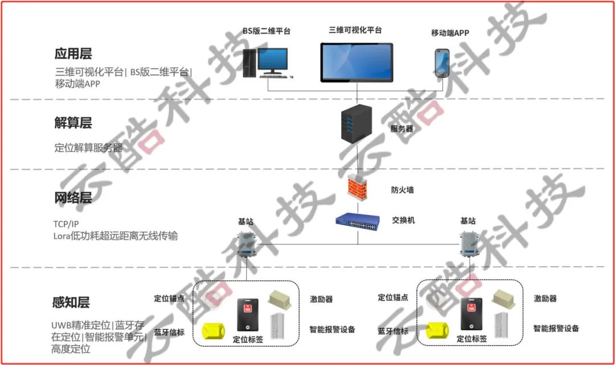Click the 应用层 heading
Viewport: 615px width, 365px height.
[x=73, y=53]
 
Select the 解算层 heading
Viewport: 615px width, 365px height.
[x=73, y=123]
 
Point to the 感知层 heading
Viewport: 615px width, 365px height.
[x=71, y=302]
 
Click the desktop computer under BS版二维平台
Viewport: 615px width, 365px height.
[x=268, y=63]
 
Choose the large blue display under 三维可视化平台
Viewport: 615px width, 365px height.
[x=356, y=63]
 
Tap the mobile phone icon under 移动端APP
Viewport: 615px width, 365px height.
[x=442, y=63]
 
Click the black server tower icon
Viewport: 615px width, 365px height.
[x=356, y=124]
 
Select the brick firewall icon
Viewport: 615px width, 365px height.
[x=357, y=186]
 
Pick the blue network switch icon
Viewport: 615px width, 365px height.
[x=357, y=222]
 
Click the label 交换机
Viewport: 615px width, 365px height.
[x=403, y=221]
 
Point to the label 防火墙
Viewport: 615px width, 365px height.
[x=403, y=190]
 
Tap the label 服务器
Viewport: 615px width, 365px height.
[x=401, y=128]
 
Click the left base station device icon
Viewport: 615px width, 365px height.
[x=247, y=244]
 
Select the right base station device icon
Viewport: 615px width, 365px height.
[x=469, y=243]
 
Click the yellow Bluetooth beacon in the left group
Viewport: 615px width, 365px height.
[x=214, y=330]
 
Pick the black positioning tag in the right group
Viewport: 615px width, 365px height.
[x=471, y=314]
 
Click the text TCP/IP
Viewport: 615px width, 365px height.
[x=66, y=224]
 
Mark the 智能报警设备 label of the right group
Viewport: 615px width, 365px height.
[x=556, y=328]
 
